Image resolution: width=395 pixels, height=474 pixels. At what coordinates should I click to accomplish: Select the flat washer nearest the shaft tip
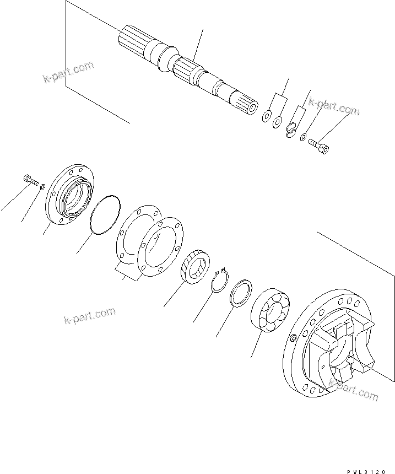pos(267,116)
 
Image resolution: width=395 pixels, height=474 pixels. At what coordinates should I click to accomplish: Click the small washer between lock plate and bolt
pos(304,135)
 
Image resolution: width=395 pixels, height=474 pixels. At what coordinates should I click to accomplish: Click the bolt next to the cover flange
pos(29,179)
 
